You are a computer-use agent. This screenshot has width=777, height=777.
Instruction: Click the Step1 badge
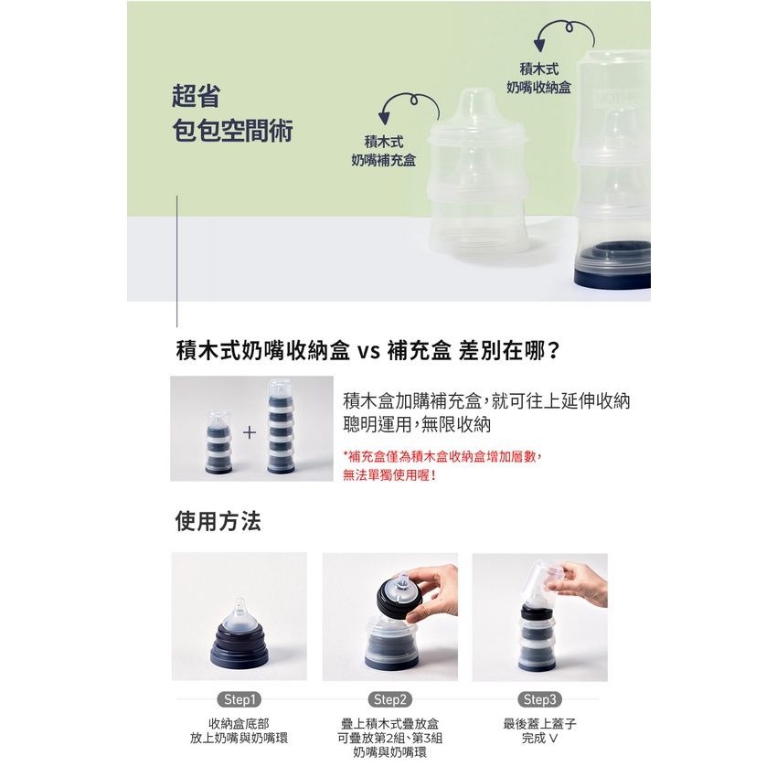[239, 699]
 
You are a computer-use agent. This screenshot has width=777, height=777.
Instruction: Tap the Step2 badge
[390, 699]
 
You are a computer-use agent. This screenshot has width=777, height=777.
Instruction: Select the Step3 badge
[540, 699]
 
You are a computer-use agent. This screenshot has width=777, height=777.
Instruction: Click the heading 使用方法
[218, 521]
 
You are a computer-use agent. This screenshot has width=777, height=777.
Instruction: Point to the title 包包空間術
[232, 131]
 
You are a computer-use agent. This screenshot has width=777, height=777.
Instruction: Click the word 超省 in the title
[196, 96]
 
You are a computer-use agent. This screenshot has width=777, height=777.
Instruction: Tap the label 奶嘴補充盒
[384, 160]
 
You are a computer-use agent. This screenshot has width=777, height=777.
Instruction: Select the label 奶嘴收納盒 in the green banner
[538, 87]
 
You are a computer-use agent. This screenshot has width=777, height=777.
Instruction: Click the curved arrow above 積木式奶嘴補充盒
[410, 98]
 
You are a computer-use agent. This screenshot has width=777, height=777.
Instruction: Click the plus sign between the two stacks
[250, 432]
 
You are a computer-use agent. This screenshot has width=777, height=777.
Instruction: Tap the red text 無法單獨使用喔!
[389, 475]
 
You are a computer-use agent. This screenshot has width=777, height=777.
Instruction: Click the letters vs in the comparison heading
[369, 352]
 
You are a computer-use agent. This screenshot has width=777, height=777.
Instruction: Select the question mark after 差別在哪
[554, 351]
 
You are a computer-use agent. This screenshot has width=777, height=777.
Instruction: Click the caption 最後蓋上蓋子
[540, 724]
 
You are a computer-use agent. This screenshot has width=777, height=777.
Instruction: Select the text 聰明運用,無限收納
[417, 425]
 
